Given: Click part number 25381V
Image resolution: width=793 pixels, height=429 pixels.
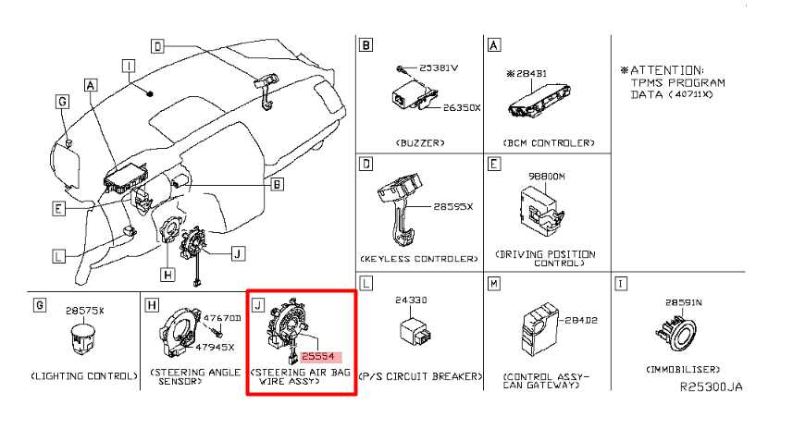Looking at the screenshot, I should pos(439,68).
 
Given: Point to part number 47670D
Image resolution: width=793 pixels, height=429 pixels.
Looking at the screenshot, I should pos(222,318).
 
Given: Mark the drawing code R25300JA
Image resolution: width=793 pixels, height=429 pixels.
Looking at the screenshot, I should pos(710,387).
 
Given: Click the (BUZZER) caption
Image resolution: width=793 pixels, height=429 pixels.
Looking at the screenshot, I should pos(419,143).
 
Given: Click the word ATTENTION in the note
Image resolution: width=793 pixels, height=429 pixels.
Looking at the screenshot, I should pos(665,70).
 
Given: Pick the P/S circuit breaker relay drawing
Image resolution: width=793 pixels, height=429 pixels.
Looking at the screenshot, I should pos(414,330).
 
